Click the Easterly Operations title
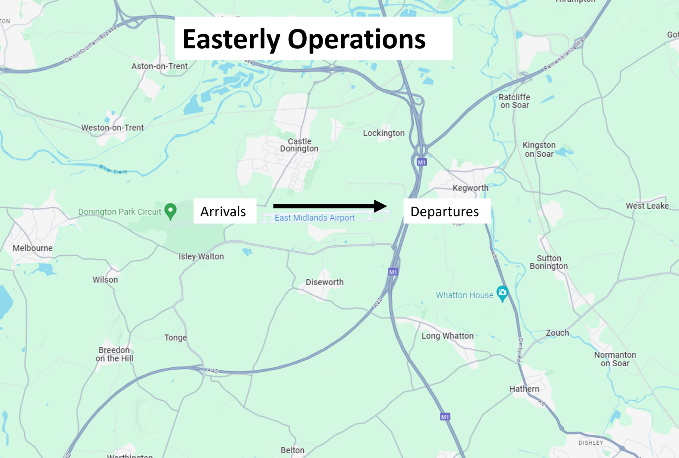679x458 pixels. click(304, 39)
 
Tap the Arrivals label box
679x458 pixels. click(223, 211)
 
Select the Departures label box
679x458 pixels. click(445, 211)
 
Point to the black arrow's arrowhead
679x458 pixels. click(380, 206)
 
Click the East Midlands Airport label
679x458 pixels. click(314, 218)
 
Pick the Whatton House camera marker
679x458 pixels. click(502, 293)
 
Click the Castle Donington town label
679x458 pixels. click(299, 145)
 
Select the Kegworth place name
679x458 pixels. click(470, 188)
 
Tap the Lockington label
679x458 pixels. click(384, 133)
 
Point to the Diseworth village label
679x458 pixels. click(324, 282)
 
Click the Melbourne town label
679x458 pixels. click(32, 248)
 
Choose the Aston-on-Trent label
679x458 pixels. click(159, 66)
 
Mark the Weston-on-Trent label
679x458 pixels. click(112, 127)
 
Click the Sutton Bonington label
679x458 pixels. click(549, 262)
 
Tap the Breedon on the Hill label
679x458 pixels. click(114, 354)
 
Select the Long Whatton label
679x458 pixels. click(447, 336)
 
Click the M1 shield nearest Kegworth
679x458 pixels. click(421, 162)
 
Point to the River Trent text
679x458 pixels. click(113, 170)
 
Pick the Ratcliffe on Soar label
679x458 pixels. click(514, 101)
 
